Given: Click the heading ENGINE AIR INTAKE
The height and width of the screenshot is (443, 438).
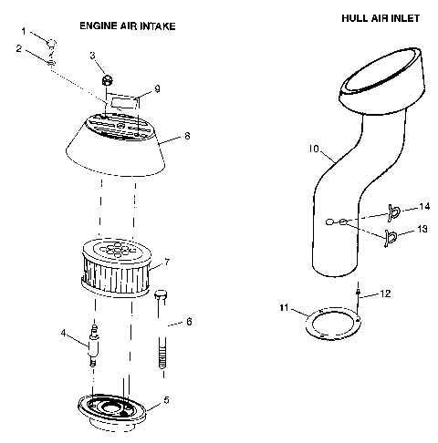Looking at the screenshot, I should tap(127, 26).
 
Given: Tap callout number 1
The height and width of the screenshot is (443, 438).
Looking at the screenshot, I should tap(25, 31).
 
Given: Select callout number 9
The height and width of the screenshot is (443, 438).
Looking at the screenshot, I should tap(157, 88).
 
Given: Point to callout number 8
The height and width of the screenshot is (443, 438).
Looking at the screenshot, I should tap(187, 135).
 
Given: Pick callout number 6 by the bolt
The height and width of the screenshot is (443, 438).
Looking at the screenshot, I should tap(189, 322).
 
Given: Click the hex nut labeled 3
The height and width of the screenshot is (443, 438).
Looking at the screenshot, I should tap(107, 81).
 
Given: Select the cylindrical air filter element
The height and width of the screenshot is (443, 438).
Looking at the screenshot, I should tap(118, 266).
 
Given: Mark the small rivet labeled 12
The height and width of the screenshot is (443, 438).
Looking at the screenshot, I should tap(360, 294).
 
